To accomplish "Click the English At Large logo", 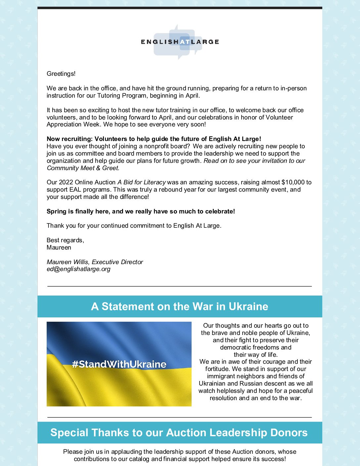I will [180, 42].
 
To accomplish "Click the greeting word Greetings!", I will [61, 74].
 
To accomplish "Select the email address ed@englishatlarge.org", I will [78, 269].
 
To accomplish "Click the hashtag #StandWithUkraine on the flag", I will [119, 364].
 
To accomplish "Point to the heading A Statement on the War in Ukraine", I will [180, 306].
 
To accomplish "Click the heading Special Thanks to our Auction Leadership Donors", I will [179, 433].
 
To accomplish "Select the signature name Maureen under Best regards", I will [59, 248].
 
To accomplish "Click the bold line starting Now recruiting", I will [154, 139].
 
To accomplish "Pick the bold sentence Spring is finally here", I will [141, 211].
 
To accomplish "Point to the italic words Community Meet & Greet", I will [83, 168].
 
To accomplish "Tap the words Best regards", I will [65, 240].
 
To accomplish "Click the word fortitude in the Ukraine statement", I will [218, 369].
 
